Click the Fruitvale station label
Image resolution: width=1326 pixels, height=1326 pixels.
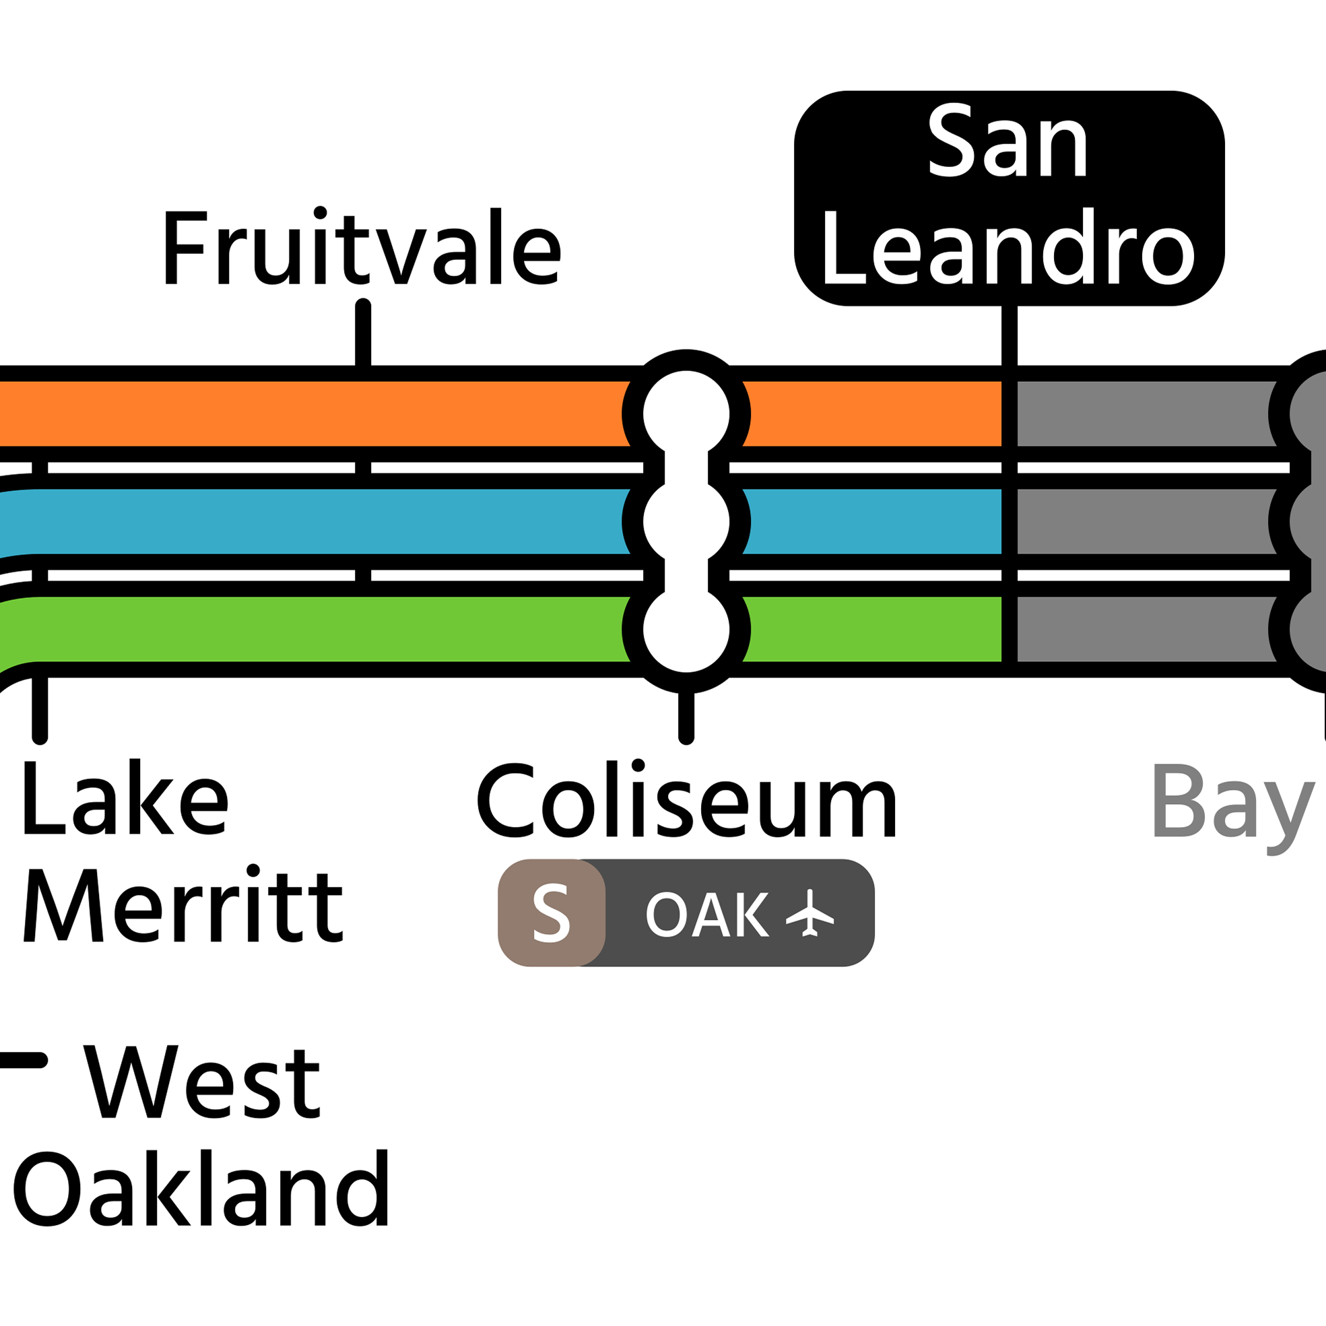362,248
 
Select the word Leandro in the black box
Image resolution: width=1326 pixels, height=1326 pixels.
1009,248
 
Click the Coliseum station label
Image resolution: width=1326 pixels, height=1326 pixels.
686,801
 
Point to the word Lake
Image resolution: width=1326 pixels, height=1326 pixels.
126,797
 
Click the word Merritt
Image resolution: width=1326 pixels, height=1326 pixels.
183,905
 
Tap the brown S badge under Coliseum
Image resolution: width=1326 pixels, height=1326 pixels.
552,913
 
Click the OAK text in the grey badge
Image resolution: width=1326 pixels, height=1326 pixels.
707,915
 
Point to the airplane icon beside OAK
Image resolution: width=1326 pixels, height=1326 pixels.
810,913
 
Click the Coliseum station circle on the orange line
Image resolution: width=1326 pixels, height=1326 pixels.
686,414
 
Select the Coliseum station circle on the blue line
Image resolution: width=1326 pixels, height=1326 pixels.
686,522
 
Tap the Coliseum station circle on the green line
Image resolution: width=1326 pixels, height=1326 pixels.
686,630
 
